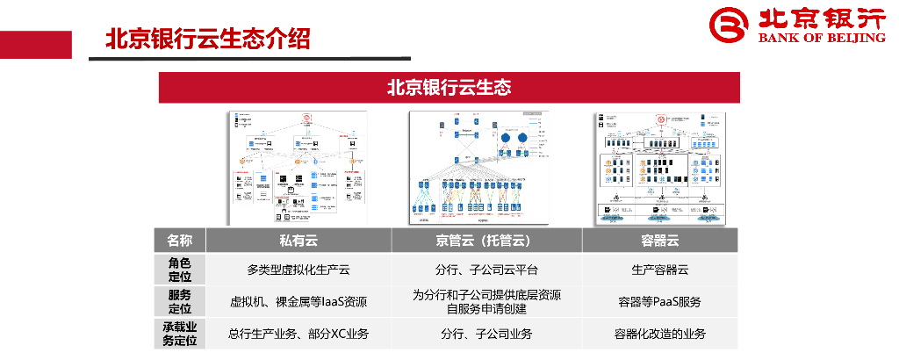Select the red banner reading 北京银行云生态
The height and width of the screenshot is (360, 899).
(x=449, y=88)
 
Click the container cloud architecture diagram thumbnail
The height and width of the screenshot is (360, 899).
(x=659, y=168)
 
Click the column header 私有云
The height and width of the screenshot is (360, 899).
(x=298, y=241)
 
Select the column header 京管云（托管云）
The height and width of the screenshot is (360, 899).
(x=485, y=241)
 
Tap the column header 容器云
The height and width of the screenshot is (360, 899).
(x=660, y=241)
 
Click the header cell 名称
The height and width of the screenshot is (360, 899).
(x=180, y=241)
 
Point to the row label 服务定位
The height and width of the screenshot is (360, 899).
(x=180, y=301)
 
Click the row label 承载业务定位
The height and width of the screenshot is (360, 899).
(x=180, y=333)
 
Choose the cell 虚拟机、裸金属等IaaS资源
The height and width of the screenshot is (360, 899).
(x=298, y=301)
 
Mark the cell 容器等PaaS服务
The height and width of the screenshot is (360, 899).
(x=660, y=301)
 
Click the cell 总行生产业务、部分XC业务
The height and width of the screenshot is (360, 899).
(x=298, y=334)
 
